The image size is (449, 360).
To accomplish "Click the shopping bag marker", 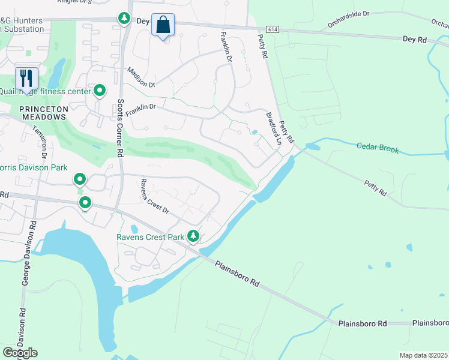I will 163,25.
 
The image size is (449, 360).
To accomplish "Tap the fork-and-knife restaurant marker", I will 26,79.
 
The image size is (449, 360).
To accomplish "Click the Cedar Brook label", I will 378,148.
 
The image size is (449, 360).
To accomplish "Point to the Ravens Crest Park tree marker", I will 193,236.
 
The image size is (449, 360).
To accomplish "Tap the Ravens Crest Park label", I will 150,237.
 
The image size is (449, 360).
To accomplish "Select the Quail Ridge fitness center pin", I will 100,91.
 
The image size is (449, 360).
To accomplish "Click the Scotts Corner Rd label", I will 120,128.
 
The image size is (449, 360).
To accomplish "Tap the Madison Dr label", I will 141,78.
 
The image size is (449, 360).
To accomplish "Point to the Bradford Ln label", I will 274,129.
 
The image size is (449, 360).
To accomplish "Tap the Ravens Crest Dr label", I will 154,197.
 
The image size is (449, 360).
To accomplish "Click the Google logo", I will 20,352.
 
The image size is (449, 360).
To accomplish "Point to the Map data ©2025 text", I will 423,355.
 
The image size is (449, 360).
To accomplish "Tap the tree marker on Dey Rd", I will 124,19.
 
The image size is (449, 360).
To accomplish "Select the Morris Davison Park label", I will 34,168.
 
